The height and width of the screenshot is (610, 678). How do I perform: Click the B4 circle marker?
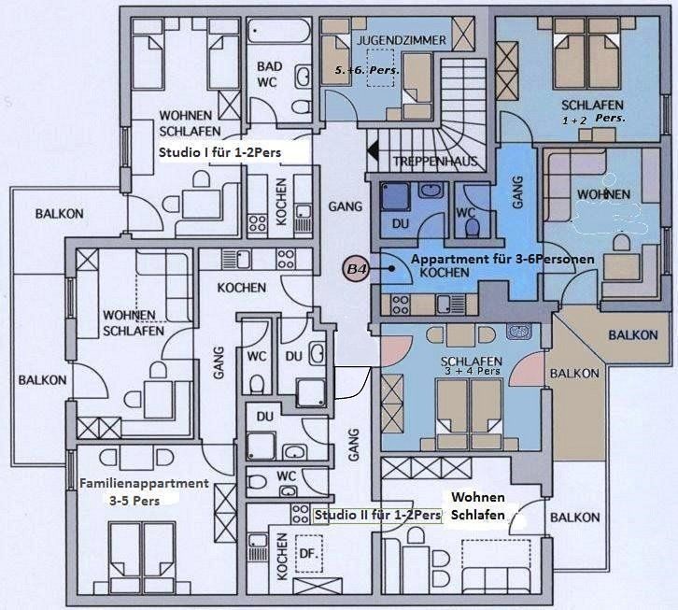357,269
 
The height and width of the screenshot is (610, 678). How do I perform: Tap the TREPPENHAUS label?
434,162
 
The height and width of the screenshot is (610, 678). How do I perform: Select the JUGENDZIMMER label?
401,41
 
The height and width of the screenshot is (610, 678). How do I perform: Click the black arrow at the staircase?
373,151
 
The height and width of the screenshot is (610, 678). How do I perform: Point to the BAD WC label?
269,74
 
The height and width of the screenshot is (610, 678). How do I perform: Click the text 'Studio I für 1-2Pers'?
219,152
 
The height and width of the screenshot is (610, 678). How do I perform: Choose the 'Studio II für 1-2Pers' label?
377,515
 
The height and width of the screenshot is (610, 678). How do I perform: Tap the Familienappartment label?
144,483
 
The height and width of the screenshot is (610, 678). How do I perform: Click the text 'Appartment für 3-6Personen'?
502,259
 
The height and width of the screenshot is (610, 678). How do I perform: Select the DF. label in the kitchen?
309,553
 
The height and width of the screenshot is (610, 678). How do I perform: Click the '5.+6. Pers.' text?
367,70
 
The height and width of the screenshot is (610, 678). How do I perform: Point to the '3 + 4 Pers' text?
473,371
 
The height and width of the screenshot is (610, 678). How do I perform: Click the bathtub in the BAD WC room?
279,30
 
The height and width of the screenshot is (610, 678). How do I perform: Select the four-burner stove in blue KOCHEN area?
401,305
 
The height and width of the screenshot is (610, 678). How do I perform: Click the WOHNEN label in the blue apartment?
603,194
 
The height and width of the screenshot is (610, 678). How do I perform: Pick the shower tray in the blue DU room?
394,197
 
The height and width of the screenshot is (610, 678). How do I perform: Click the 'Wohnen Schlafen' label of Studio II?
478,506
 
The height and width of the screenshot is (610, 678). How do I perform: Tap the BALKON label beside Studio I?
59,214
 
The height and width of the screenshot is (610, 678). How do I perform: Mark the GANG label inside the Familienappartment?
219,362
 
